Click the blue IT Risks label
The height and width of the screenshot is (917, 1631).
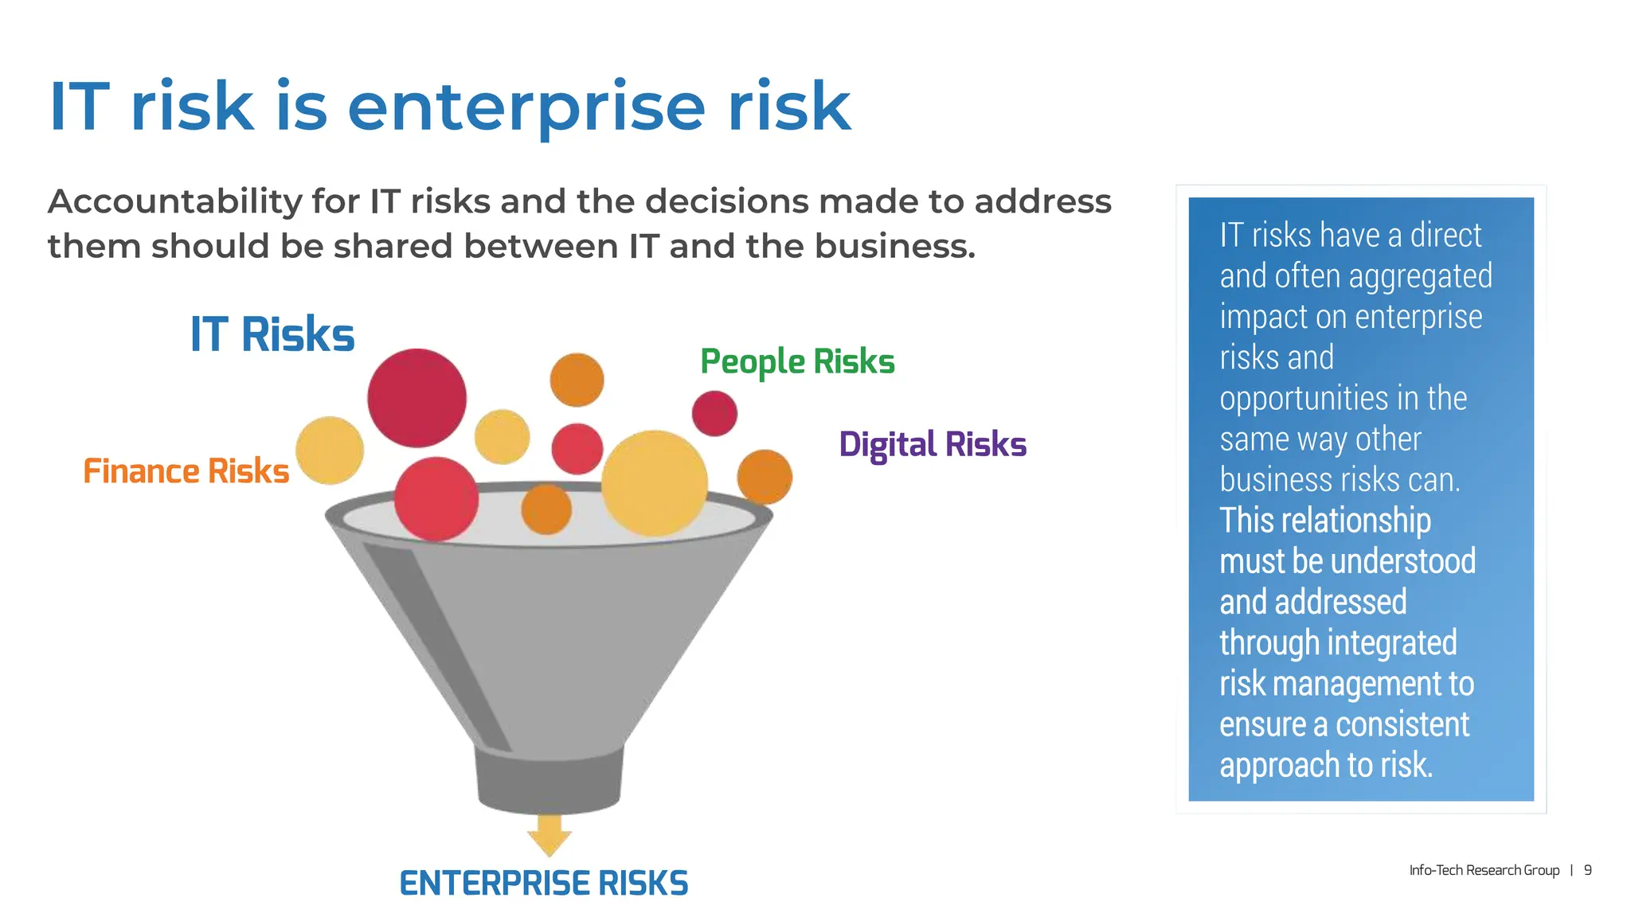(x=272, y=334)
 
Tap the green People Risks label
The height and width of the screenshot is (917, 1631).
(x=797, y=362)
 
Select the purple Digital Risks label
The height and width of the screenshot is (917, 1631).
(x=933, y=444)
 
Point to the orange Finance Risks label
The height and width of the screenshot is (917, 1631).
(x=186, y=471)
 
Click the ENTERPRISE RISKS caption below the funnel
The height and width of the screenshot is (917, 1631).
(x=543, y=884)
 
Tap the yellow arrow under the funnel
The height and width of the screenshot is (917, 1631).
(x=550, y=836)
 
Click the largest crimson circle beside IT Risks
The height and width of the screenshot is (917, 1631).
(x=417, y=398)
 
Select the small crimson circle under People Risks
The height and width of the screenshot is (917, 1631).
(x=714, y=413)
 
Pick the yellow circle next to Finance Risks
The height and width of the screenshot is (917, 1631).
(x=330, y=451)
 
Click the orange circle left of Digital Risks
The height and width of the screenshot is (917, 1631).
(x=765, y=477)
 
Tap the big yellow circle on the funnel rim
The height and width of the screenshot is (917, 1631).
(x=654, y=483)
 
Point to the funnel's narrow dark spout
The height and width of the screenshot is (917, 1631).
(x=550, y=780)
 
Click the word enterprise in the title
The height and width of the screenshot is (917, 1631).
(x=526, y=107)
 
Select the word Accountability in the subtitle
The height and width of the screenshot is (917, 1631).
(x=174, y=202)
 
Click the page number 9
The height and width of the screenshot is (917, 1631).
(x=1587, y=870)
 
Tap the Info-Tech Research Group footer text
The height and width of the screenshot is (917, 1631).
(x=1484, y=870)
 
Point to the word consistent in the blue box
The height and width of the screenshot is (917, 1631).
(x=1402, y=724)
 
